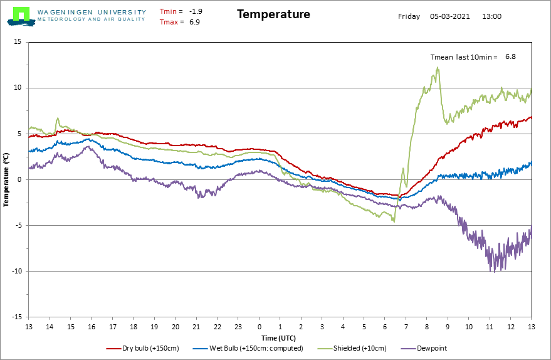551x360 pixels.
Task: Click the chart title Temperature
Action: (273, 14)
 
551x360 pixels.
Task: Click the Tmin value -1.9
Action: (196, 11)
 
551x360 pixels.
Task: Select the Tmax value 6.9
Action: (195, 22)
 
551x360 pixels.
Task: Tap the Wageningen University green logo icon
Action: (21, 16)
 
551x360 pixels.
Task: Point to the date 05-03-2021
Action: (450, 16)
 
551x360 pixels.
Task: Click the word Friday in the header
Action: (409, 16)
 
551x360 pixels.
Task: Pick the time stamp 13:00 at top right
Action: (491, 16)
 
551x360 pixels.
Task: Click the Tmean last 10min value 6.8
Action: (511, 56)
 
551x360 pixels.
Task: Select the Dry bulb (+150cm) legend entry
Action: (143, 349)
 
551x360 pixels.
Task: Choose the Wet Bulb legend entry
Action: (248, 349)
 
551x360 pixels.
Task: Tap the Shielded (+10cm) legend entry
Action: (352, 349)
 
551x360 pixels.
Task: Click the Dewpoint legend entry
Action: (424, 349)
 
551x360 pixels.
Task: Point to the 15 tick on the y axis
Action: (18, 42)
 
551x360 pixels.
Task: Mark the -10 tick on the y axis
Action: (16, 271)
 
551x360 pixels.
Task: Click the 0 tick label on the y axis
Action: (19, 179)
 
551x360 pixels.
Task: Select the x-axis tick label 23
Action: (238, 327)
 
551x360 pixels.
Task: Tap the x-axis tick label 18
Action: (134, 327)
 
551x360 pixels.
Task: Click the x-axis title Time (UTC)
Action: (279, 338)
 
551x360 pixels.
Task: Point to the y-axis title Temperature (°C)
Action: (6, 179)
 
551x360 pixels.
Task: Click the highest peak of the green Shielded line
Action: (438, 68)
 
